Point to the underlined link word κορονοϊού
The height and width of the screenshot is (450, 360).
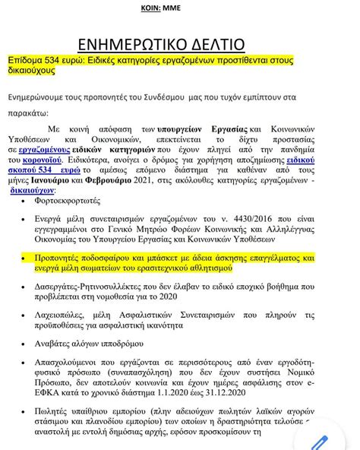pos(52,162)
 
